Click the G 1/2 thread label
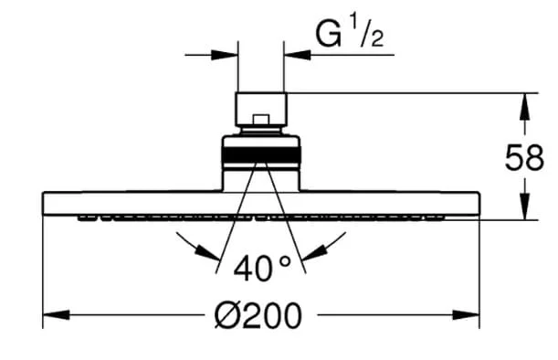350,35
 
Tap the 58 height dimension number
524,157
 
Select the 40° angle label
262,268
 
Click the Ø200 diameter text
258,315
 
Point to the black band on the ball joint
261,154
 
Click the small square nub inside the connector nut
261,120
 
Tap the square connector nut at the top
261,110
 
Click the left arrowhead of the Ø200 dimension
57,315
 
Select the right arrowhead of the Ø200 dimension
466,315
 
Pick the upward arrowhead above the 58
524,107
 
